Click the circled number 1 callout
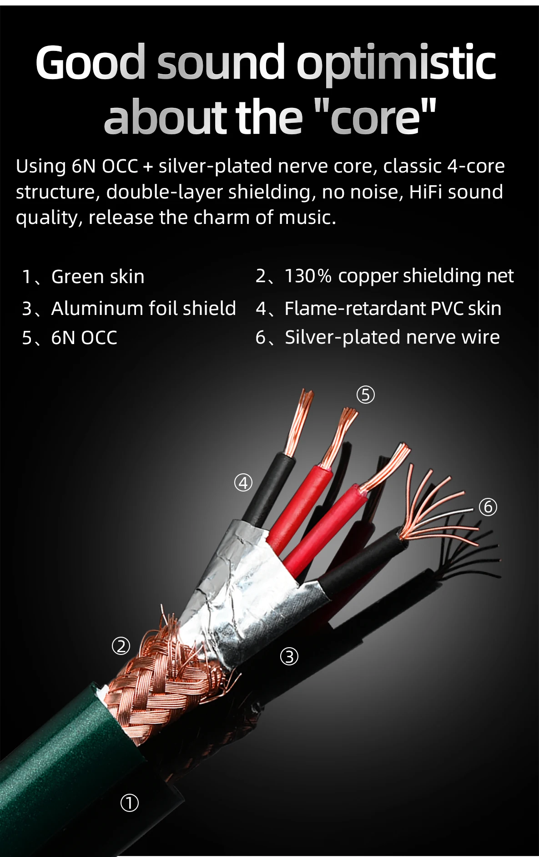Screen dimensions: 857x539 [x=129, y=803]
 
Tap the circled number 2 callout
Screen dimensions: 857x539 [x=121, y=646]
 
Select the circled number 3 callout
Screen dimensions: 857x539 [x=289, y=656]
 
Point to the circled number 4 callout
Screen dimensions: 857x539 [x=243, y=482]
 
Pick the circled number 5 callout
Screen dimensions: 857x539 [x=366, y=395]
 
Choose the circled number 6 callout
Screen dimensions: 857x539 [x=488, y=507]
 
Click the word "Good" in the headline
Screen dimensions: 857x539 [x=90, y=62]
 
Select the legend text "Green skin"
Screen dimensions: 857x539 [x=98, y=277]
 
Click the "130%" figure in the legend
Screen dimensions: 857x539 [x=307, y=276]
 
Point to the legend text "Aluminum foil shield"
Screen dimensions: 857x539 [x=143, y=309]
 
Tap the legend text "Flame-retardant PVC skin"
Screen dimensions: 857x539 [x=393, y=309]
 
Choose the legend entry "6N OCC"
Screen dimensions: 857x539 [x=84, y=338]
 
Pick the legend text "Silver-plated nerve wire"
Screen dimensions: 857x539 [x=392, y=337]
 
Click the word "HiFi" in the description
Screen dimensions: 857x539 [x=426, y=192]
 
